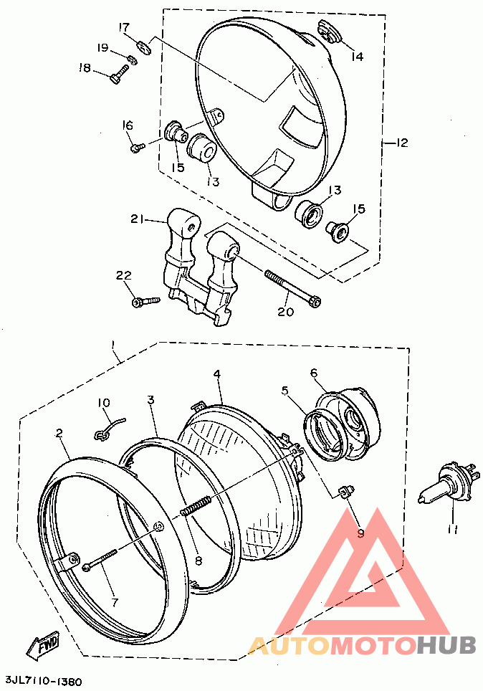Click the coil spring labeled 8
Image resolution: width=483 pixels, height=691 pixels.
point(195,505)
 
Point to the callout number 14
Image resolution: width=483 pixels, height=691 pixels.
point(358,57)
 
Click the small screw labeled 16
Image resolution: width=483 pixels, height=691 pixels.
point(138,147)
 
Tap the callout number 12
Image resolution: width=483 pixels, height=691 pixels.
point(401,143)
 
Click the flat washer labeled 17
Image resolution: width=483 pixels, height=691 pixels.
point(144,47)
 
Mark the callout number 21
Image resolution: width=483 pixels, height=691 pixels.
point(137,219)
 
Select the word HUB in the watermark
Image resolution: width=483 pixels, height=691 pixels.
point(446,644)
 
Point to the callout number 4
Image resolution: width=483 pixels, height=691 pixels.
point(217,374)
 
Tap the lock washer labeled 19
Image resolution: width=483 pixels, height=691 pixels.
point(131,59)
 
